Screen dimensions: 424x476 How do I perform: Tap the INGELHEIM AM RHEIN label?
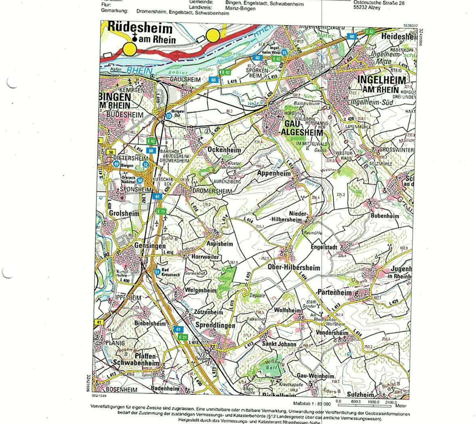(x=382, y=84)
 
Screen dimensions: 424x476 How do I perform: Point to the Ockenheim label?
(x=224, y=150)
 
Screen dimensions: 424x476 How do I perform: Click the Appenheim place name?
(x=274, y=173)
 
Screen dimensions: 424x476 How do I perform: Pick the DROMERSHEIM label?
(x=212, y=191)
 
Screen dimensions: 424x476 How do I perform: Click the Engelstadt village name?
(x=324, y=247)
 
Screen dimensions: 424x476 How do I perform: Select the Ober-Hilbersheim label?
(x=294, y=267)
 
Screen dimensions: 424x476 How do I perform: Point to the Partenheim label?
(x=334, y=292)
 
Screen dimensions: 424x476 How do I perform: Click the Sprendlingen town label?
(x=215, y=325)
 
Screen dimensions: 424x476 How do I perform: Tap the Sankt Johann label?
(x=279, y=344)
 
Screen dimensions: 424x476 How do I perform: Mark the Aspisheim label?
(x=220, y=244)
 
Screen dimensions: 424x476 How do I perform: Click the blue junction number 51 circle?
(x=157, y=272)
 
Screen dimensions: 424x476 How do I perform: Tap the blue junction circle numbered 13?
(x=168, y=116)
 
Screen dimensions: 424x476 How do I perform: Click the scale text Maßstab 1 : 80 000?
(x=312, y=404)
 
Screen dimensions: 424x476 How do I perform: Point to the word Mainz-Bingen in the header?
(x=240, y=8)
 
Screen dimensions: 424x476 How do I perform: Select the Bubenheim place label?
(x=385, y=216)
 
